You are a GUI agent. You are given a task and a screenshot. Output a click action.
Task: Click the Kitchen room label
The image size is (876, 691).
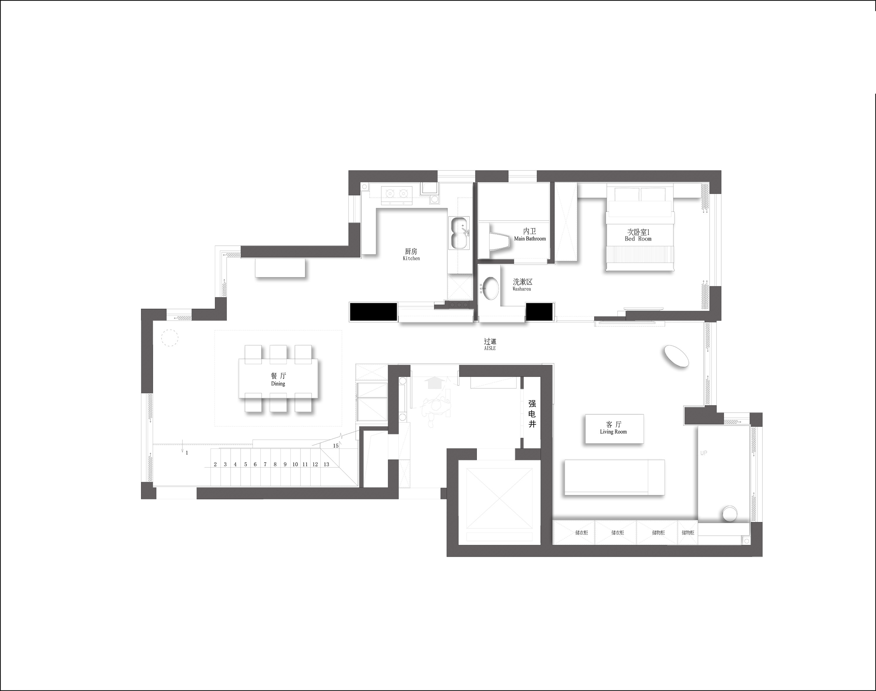coord(411,259)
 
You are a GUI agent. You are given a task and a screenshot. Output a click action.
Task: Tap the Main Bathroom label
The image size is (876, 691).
coord(530,239)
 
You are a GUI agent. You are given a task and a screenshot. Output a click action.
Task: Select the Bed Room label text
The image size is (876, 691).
coord(638,239)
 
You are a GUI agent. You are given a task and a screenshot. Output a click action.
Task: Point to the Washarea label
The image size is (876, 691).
coord(522,289)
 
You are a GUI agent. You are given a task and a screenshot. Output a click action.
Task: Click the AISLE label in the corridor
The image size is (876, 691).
coord(490,348)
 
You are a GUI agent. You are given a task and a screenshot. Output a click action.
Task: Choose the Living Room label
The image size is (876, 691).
coord(613,432)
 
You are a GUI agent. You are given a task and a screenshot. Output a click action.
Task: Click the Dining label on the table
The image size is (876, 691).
coord(278,383)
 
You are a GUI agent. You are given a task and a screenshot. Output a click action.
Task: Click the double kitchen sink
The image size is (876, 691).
coord(460,232)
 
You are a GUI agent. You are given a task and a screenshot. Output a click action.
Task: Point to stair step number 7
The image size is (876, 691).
coord(265,465)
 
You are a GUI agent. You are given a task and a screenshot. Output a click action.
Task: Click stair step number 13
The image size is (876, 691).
coord(326,465)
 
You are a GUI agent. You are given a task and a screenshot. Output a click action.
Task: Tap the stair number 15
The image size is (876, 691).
coord(336,446)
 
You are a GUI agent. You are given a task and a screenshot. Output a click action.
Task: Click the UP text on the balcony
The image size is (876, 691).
coord(704,453)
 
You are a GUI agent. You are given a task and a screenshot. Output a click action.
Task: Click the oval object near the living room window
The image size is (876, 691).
coord(676,356)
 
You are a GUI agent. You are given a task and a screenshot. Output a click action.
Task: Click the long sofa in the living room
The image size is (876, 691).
coord(614,477)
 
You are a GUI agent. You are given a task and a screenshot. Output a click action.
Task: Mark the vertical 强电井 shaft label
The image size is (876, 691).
coord(532,413)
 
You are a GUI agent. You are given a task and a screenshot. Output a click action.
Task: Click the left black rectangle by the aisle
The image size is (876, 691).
coord(373,312)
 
